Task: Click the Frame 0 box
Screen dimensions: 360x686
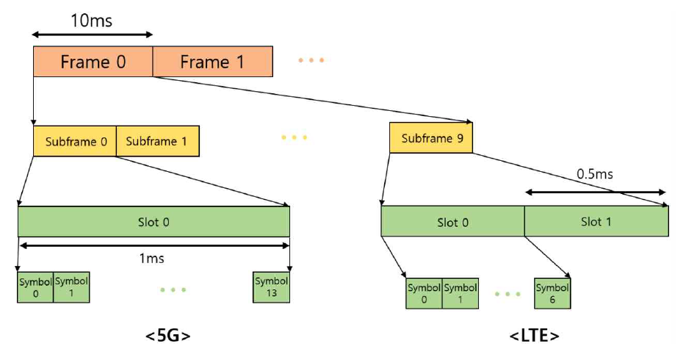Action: (x=93, y=62)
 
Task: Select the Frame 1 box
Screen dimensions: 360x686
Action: (x=212, y=62)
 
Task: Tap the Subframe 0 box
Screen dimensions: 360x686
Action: (x=74, y=141)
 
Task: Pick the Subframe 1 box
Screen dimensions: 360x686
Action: (x=157, y=141)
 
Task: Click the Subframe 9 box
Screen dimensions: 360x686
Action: (x=430, y=138)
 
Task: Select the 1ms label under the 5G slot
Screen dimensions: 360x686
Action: (x=151, y=258)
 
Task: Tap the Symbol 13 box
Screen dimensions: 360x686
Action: (x=271, y=287)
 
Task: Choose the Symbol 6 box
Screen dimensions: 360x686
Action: (x=552, y=294)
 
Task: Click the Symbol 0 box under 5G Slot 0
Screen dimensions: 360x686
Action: (x=35, y=287)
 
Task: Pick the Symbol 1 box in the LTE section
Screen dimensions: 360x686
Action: (x=461, y=294)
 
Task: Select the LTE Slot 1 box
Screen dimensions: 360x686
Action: (x=596, y=221)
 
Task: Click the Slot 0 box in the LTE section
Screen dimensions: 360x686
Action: (x=452, y=221)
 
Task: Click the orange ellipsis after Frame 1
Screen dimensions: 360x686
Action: (x=311, y=60)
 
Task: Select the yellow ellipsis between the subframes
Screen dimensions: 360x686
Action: (x=294, y=137)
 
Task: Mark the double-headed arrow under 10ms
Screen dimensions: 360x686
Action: (x=93, y=34)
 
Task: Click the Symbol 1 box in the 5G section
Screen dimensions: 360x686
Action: (x=71, y=287)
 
